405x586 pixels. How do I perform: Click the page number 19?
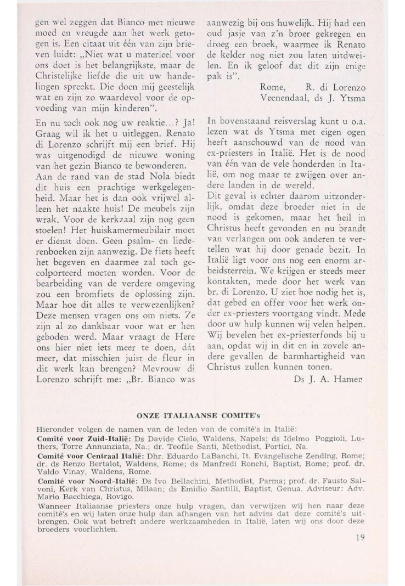(359, 537)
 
